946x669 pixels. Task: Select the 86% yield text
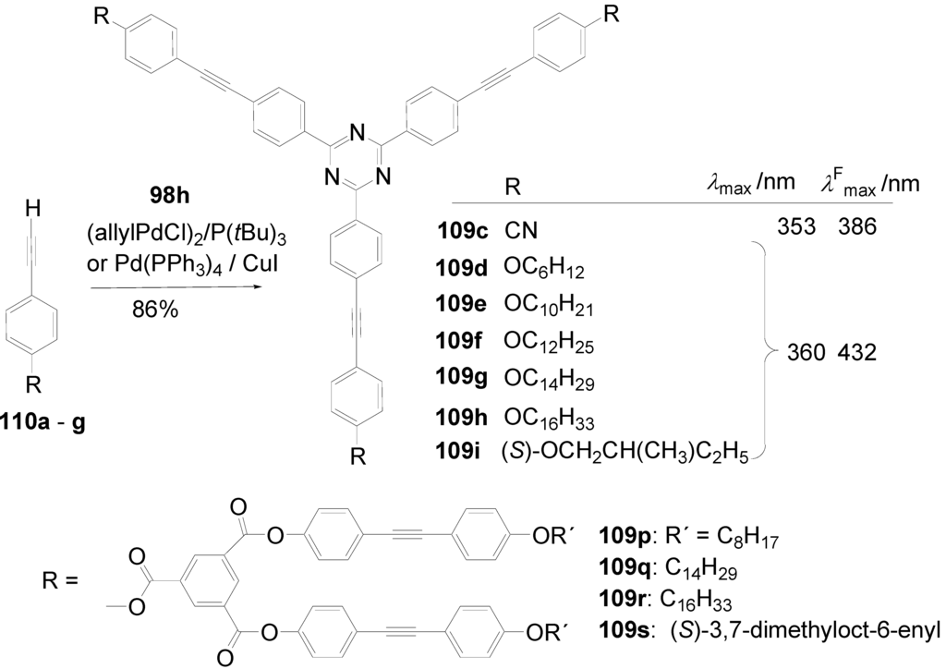point(156,310)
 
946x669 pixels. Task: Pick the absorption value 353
point(795,225)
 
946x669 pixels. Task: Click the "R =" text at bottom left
point(61,582)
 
